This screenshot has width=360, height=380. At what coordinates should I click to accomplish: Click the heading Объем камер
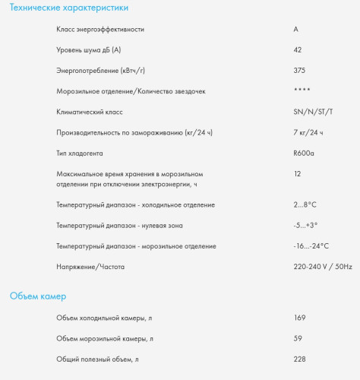pos(37,296)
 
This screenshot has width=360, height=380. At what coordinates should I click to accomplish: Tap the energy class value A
pos(295,29)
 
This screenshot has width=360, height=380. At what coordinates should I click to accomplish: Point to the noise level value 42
pos(298,49)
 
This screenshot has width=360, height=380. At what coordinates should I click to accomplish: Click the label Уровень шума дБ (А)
pos(89,49)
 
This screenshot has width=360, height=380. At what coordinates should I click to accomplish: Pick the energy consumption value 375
pos(299,70)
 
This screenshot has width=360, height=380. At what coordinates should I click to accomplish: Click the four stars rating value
pos(302,91)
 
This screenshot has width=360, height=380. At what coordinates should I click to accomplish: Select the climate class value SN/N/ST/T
pos(313,112)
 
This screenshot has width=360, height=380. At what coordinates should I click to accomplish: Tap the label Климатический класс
pos(90,112)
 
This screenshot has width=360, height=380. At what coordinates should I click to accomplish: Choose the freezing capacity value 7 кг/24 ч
pos(308,132)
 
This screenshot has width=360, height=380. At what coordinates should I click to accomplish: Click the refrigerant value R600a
pos(304,153)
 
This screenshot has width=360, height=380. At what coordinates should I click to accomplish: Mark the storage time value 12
pos(297,174)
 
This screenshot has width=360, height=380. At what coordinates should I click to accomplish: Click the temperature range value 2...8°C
pos(305,204)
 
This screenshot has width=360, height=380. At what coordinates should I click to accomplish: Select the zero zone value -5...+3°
pos(305,225)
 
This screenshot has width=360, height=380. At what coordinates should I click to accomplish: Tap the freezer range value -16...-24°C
pos(311,246)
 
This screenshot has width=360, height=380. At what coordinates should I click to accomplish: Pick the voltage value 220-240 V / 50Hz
pos(323,267)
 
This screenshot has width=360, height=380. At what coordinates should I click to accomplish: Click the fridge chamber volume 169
pos(299,317)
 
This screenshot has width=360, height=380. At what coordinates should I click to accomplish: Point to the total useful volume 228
pos(299,359)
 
